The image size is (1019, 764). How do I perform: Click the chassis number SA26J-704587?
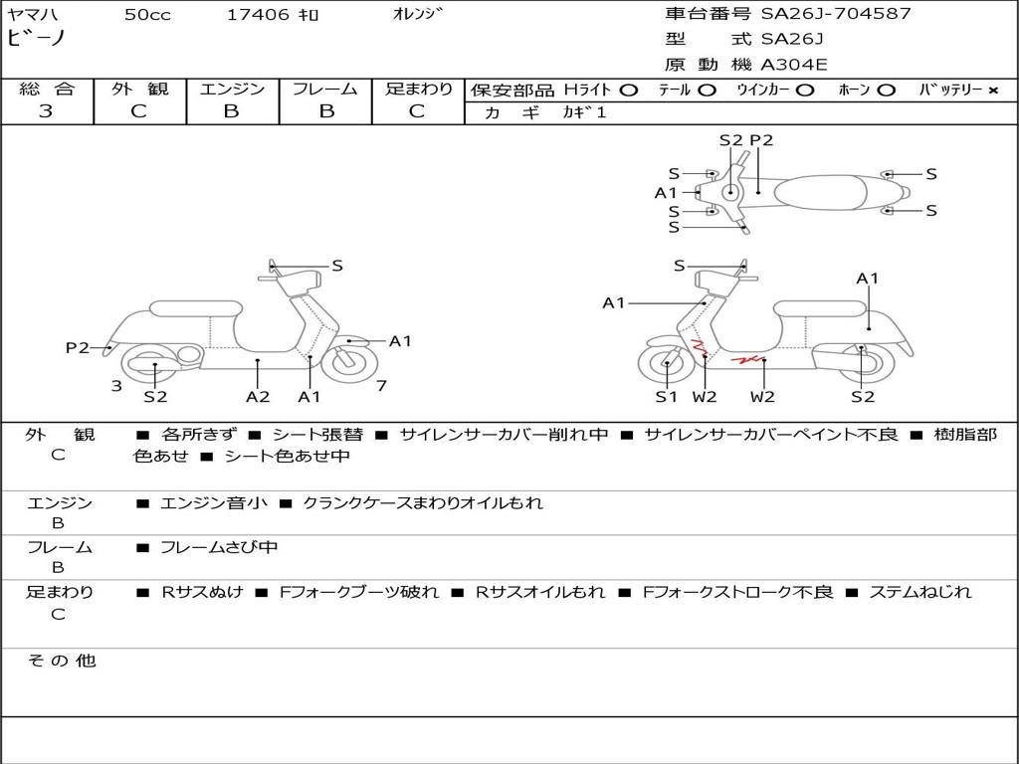coord(836,14)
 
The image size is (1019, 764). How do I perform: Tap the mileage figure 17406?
coord(258,15)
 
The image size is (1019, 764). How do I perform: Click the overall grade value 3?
coord(46,111)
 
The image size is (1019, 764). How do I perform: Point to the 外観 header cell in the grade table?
coord(139,89)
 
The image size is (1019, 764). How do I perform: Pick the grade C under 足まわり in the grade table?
coord(417,111)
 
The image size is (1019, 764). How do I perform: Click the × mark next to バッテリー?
coord(993,91)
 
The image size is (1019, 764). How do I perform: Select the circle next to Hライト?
coord(628,91)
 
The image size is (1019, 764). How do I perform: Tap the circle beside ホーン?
coord(886,91)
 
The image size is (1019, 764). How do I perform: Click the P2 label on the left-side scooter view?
coord(78,347)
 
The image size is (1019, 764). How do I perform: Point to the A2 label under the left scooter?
coord(258,396)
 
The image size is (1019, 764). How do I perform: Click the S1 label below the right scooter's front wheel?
coord(666,396)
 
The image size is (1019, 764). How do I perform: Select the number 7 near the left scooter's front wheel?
coord(381,386)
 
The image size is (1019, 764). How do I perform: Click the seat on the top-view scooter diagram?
coord(820,192)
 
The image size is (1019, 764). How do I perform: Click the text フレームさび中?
coord(219,548)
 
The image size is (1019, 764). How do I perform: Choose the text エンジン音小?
coord(214,502)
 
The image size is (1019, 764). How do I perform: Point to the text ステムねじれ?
coord(920,592)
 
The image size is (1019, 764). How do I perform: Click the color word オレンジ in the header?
coord(417,14)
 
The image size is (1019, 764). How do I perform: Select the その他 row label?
coord(62,661)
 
